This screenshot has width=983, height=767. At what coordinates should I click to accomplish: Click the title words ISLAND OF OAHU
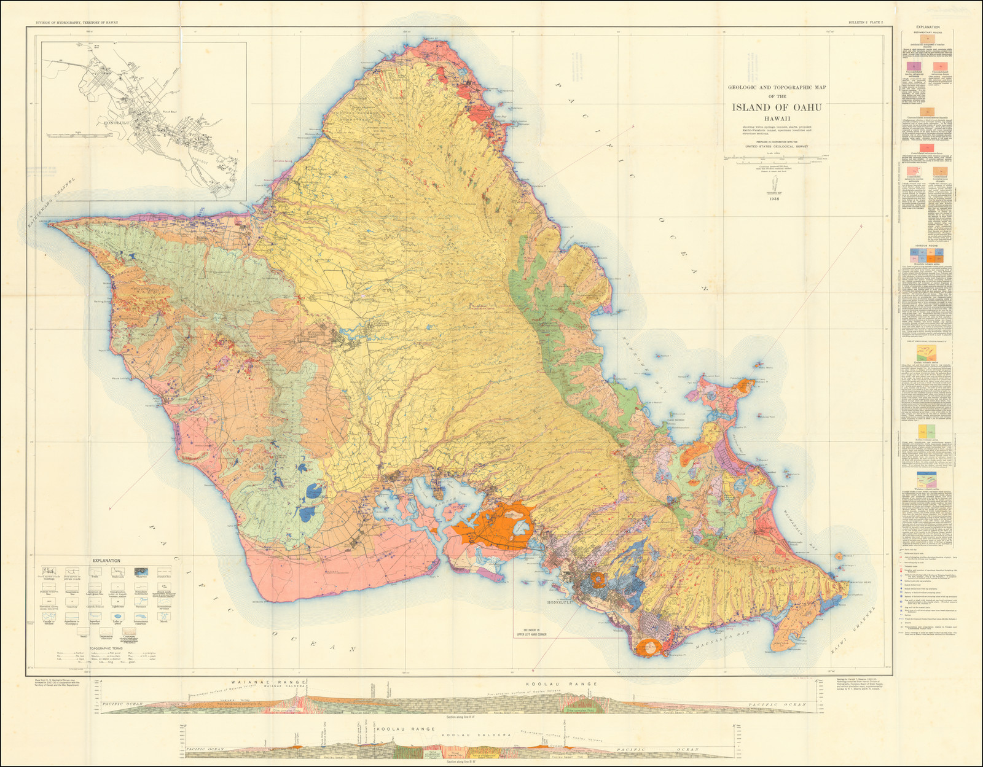coord(777,107)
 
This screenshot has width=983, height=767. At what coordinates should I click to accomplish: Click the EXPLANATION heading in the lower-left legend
coord(106,561)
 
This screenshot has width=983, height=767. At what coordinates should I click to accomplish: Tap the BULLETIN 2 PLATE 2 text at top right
coord(866,22)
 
